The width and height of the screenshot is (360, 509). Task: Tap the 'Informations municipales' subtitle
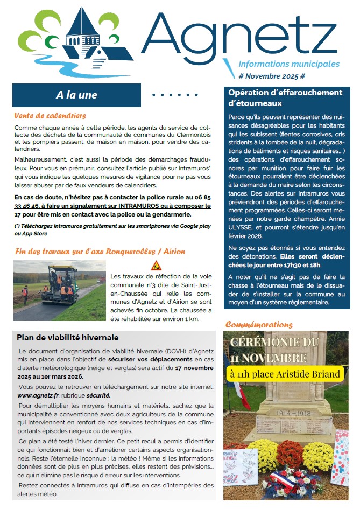(288, 64)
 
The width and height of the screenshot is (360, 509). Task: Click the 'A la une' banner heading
(76, 95)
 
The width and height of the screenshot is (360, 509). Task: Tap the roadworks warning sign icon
(156, 266)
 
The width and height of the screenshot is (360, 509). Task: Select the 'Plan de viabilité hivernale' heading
(67, 338)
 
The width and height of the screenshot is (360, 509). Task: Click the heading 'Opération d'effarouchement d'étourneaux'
(285, 97)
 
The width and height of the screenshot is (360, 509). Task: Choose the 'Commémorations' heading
(258, 325)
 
